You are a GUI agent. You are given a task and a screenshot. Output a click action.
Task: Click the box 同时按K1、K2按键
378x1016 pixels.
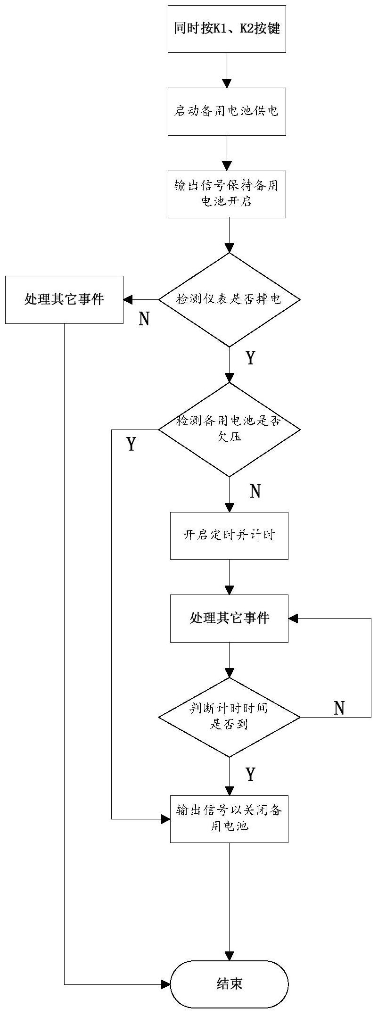point(227,29)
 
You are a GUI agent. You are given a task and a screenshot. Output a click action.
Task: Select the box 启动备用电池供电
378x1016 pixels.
point(227,112)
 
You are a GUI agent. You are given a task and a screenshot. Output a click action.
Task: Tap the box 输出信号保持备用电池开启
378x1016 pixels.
point(227,194)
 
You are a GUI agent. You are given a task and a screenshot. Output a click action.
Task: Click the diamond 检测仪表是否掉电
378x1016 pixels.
point(229,300)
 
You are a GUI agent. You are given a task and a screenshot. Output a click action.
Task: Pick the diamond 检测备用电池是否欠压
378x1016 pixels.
point(229,430)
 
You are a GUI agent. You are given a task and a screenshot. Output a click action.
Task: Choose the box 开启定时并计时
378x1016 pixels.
point(229,536)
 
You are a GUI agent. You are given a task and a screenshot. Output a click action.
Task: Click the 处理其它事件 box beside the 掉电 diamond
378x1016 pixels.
point(64,300)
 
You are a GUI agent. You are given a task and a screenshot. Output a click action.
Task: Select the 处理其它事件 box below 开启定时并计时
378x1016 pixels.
point(229,618)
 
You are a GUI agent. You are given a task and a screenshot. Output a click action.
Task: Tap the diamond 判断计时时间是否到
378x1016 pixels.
point(229,717)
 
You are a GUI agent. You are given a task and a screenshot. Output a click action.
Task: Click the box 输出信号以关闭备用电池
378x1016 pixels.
point(229,819)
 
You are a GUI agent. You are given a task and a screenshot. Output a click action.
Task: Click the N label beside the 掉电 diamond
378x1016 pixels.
point(144,320)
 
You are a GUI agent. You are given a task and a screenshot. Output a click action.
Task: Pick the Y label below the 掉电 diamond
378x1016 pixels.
point(251,358)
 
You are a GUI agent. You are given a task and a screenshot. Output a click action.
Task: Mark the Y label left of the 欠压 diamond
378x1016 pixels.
point(131,444)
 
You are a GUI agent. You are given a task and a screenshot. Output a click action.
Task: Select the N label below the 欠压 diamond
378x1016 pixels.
point(255,492)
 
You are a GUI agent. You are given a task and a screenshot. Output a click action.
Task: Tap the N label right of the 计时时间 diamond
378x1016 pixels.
point(339,709)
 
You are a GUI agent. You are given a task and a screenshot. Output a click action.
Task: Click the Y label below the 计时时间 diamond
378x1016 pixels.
point(251,774)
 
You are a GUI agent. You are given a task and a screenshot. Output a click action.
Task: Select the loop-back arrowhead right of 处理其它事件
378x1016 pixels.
point(293,618)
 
